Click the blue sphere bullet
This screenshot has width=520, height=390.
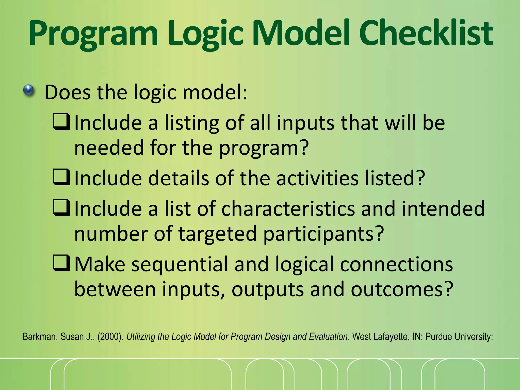pyautogui.click(x=28, y=90)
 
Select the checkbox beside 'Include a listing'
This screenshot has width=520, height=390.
pyautogui.click(x=61, y=122)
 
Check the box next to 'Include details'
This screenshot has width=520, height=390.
pyautogui.click(x=61, y=177)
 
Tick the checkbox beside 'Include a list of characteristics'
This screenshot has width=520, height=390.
pyautogui.click(x=61, y=207)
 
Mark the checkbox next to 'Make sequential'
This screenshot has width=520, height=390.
pyautogui.click(x=61, y=263)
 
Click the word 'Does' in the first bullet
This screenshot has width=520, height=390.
pyautogui.click(x=68, y=92)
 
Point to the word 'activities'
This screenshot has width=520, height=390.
pyautogui.click(x=317, y=178)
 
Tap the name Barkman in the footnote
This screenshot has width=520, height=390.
pyautogui.click(x=39, y=337)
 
